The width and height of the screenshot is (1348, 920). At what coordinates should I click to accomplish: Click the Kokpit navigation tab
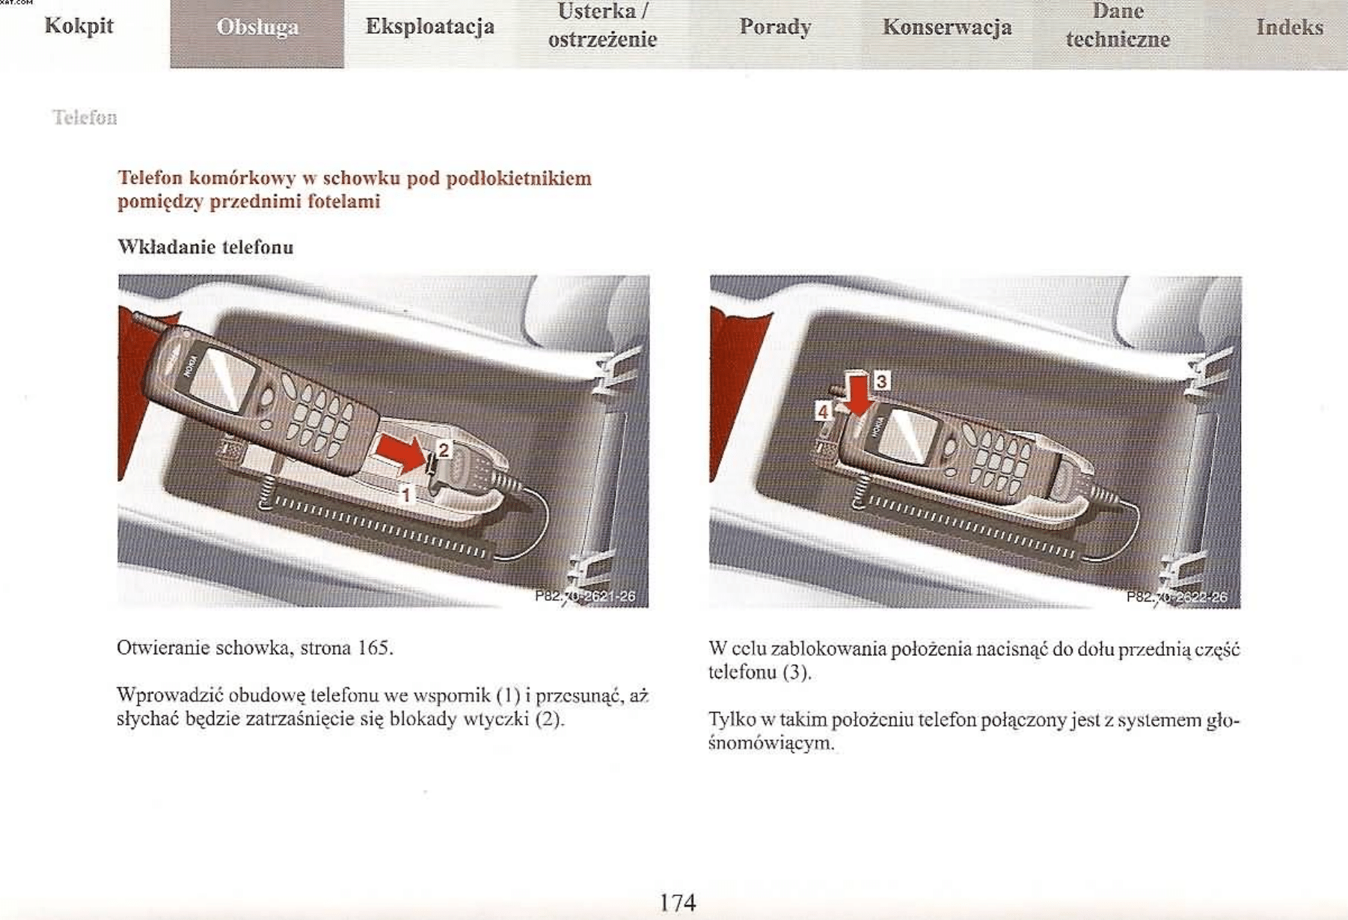(x=79, y=25)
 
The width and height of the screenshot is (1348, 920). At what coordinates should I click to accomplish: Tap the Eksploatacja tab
(x=430, y=27)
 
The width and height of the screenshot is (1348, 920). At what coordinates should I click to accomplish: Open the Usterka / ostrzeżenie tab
(x=602, y=26)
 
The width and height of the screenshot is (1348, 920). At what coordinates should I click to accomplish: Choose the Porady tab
(x=775, y=27)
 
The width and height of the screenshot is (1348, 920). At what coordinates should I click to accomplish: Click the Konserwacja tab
(x=947, y=27)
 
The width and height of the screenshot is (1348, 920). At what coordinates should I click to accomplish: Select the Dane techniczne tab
(x=1118, y=25)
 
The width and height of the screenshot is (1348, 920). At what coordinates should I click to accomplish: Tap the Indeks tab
(x=1290, y=27)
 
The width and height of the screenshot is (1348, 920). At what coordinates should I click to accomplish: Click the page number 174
(x=677, y=902)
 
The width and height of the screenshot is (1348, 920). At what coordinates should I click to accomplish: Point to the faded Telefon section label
(x=85, y=117)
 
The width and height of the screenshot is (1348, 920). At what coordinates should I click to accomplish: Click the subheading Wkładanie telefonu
(x=206, y=247)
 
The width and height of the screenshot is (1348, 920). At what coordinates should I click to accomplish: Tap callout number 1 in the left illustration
(x=406, y=494)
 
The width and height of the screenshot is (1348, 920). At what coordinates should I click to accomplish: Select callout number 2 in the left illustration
(x=444, y=450)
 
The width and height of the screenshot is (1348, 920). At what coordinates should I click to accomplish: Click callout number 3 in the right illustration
(x=882, y=381)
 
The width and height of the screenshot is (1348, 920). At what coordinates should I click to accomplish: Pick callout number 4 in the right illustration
(x=823, y=411)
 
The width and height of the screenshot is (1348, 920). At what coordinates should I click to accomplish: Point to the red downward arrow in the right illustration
(x=860, y=394)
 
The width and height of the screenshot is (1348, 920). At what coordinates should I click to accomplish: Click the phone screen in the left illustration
(x=221, y=380)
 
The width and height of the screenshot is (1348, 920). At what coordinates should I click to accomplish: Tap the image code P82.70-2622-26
(x=1177, y=597)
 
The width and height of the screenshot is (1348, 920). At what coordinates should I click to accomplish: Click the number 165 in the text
(x=373, y=648)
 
